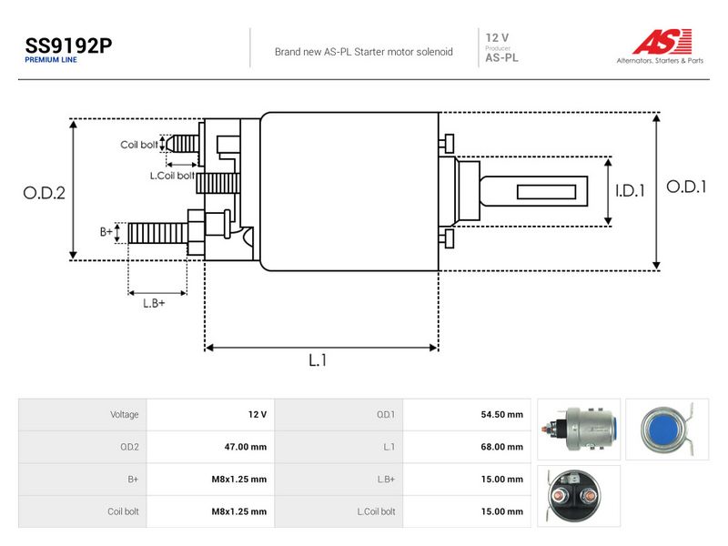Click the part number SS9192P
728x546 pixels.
[68, 45]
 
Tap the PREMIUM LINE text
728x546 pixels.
[51, 60]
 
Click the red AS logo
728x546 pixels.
[662, 41]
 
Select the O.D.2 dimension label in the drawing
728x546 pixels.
[44, 193]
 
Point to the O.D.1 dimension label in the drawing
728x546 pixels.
[686, 187]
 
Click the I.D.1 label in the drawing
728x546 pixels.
[630, 190]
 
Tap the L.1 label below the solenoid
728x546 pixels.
[318, 359]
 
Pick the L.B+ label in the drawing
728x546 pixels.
[154, 303]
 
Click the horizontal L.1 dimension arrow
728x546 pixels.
[321, 348]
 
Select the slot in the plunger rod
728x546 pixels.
[547, 192]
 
